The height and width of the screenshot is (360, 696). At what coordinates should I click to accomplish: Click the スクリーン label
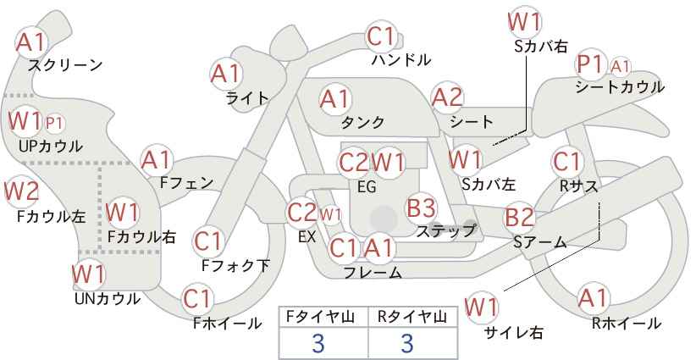point(65,66)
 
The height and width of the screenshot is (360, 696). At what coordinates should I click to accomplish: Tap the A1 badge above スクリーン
point(31,42)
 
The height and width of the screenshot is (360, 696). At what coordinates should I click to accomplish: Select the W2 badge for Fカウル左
point(21,191)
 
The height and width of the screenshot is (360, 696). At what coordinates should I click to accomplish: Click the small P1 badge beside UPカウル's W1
point(54,124)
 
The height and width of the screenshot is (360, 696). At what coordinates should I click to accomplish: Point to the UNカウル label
point(108,299)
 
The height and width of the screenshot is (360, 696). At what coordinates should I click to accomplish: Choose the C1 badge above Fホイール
point(197,299)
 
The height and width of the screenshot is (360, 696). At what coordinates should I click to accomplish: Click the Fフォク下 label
point(235,265)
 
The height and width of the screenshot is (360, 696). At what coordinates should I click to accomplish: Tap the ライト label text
point(247,97)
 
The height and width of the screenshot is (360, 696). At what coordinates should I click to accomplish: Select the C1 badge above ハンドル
point(381,36)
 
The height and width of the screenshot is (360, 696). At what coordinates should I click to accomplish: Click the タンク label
point(362,123)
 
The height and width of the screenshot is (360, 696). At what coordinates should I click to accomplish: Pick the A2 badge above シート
point(447,97)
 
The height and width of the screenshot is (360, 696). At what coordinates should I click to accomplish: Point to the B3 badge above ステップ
point(421,208)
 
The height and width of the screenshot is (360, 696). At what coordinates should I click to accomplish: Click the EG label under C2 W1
point(367,187)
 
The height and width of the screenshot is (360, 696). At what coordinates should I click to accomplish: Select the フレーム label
point(373,272)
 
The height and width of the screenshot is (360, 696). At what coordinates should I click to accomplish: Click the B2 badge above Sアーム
point(520,218)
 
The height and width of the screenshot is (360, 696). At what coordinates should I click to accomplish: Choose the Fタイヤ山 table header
point(323,317)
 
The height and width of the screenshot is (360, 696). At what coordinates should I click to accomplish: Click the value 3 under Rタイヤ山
point(407,343)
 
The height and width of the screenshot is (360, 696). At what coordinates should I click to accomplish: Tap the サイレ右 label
point(514,333)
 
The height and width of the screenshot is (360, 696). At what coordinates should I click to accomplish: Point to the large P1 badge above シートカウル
point(591,65)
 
